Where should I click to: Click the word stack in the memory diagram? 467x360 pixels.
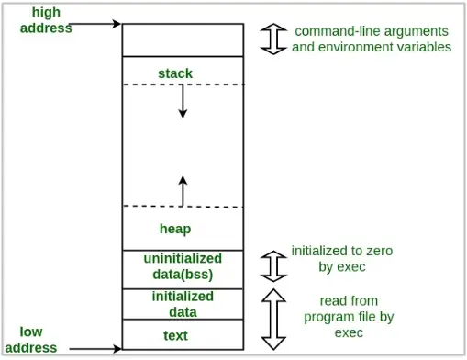tap(175, 73)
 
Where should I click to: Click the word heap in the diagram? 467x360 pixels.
tap(174, 228)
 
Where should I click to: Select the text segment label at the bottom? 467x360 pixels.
tap(174, 335)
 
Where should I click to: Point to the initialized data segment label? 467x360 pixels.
tap(182, 303)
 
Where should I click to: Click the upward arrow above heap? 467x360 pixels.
tap(183, 190)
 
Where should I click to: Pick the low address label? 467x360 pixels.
tap(37, 339)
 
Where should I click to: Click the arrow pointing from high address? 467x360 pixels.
tap(95, 25)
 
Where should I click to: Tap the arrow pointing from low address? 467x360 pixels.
tap(95, 349)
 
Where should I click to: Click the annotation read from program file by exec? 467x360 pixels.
tap(348, 316)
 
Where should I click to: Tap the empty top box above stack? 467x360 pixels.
tap(183, 40)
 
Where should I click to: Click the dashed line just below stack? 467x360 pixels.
tap(183, 84)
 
